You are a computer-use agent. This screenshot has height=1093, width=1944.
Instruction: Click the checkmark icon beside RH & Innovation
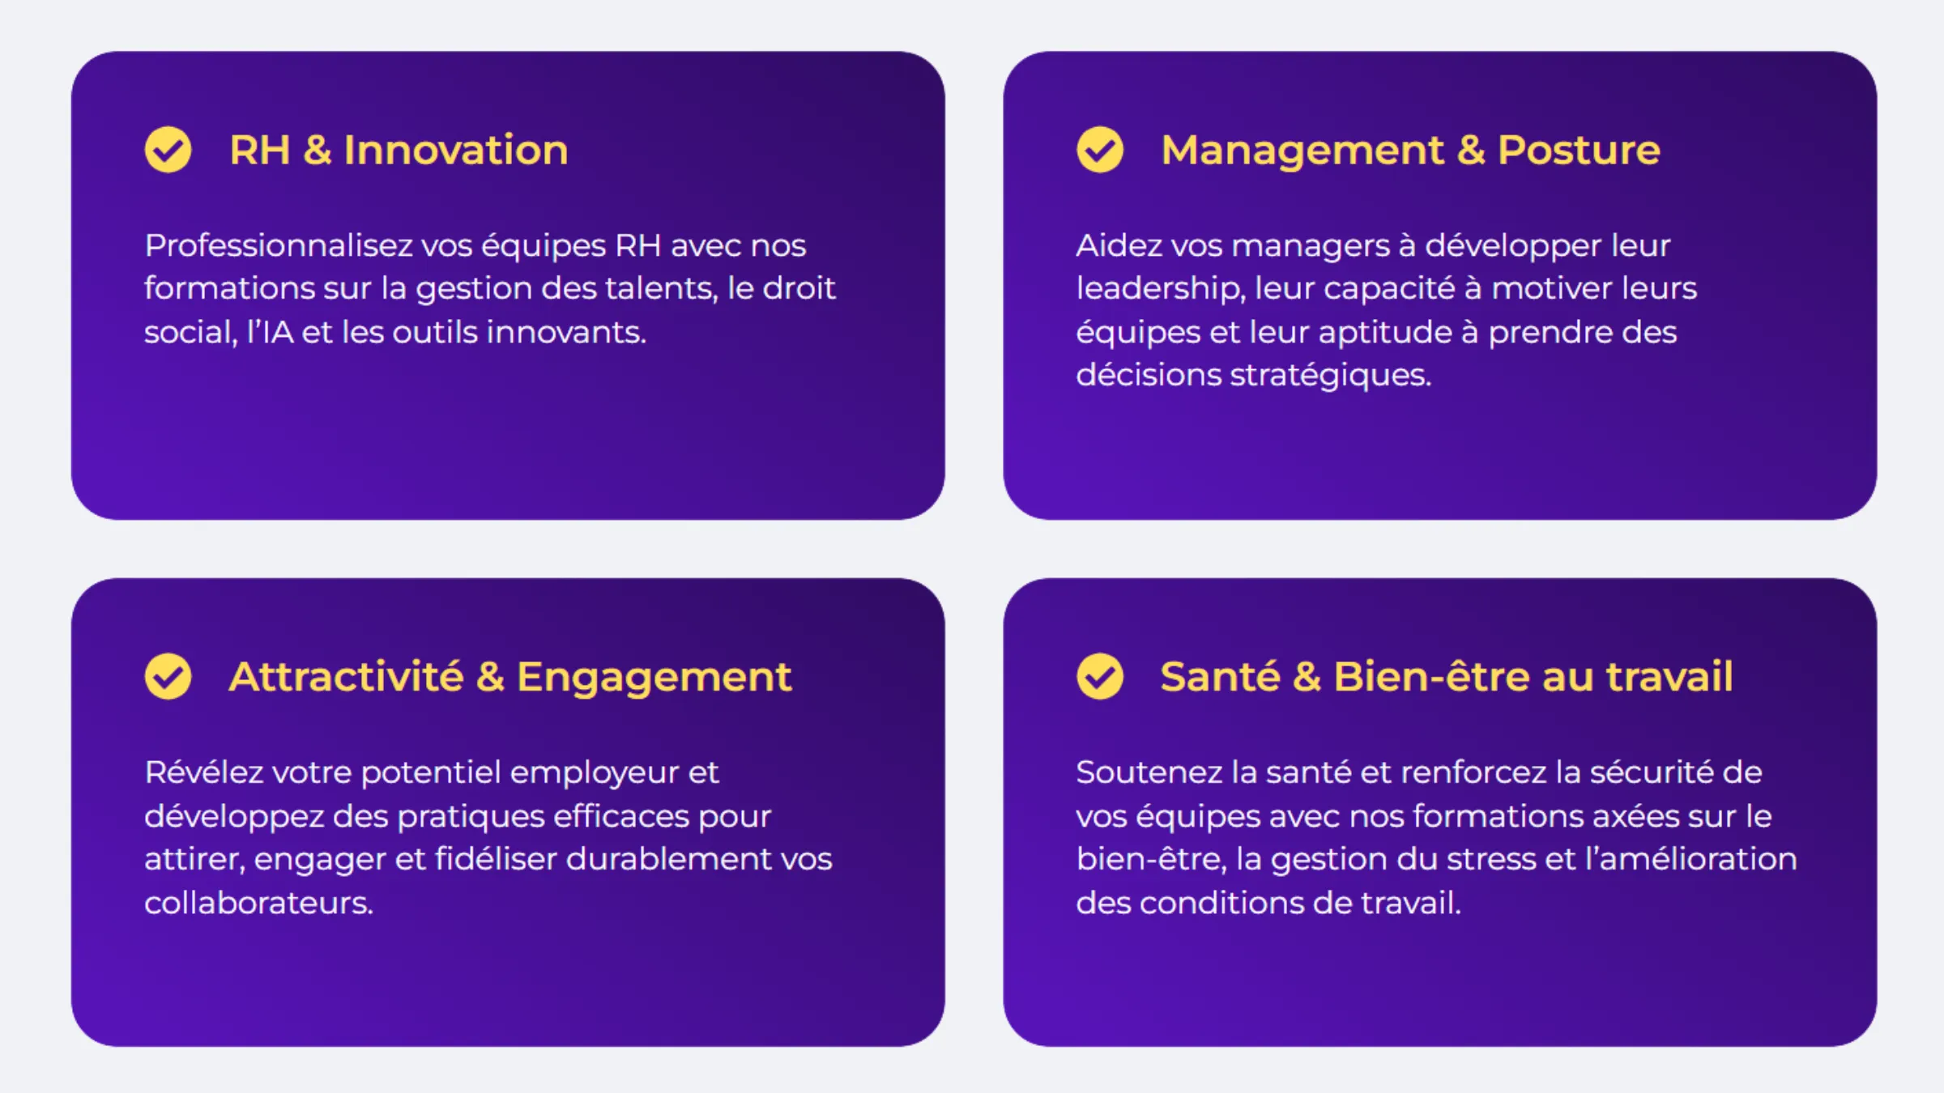click(x=168, y=150)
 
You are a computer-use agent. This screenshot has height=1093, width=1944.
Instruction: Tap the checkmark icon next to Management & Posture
click(x=1100, y=150)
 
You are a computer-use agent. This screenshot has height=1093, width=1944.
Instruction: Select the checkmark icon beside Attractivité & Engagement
click(x=168, y=676)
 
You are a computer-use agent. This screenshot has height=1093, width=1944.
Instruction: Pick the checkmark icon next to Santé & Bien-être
click(x=1100, y=676)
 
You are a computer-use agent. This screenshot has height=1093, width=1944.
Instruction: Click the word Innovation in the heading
click(x=456, y=150)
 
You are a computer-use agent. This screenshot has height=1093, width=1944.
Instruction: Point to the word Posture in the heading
click(x=1579, y=150)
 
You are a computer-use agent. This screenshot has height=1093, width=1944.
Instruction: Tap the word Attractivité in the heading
click(x=347, y=676)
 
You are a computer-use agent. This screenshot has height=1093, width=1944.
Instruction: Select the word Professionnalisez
click(x=279, y=245)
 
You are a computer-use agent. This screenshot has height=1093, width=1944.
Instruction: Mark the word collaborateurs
click(x=259, y=903)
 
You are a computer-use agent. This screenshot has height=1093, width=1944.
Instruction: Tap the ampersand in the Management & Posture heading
click(x=1471, y=150)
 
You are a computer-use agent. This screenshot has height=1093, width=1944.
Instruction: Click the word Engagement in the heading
click(x=654, y=678)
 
